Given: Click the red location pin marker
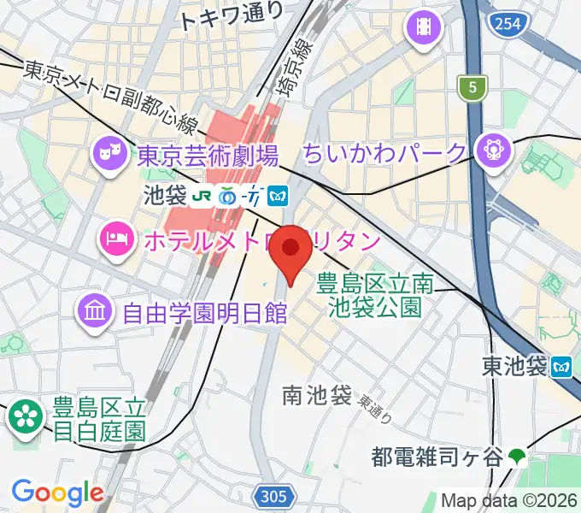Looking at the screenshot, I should point(291,249).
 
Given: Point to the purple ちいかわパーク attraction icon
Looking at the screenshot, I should point(494,150).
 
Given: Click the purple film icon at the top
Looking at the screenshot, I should point(422,28).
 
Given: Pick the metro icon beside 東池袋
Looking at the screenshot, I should point(561,366).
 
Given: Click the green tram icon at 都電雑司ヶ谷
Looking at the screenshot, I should point(516,457).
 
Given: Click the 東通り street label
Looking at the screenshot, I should point(375,410).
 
